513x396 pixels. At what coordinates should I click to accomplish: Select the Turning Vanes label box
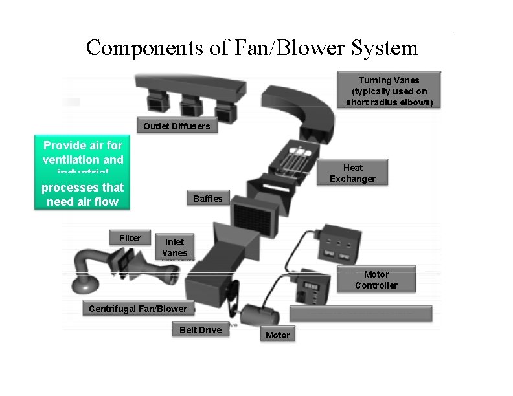coord(389,91)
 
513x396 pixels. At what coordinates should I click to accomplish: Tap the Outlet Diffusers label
coord(176,126)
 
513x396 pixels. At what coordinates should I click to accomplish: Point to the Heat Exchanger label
coord(352,173)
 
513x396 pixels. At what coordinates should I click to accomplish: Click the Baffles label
coord(207,199)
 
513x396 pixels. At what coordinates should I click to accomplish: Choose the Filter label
coord(130,238)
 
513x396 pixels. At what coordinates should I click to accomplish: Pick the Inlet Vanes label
coord(174,248)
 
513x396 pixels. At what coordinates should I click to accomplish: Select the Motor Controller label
coord(376,280)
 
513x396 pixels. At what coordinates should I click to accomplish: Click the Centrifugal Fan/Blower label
coord(137,309)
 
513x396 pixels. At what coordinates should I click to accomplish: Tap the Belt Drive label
coord(200,330)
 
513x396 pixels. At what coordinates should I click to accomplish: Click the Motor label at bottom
coord(278,335)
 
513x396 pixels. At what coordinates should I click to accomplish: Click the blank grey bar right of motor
coord(360,313)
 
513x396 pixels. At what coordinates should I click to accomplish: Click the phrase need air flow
coord(82,202)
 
